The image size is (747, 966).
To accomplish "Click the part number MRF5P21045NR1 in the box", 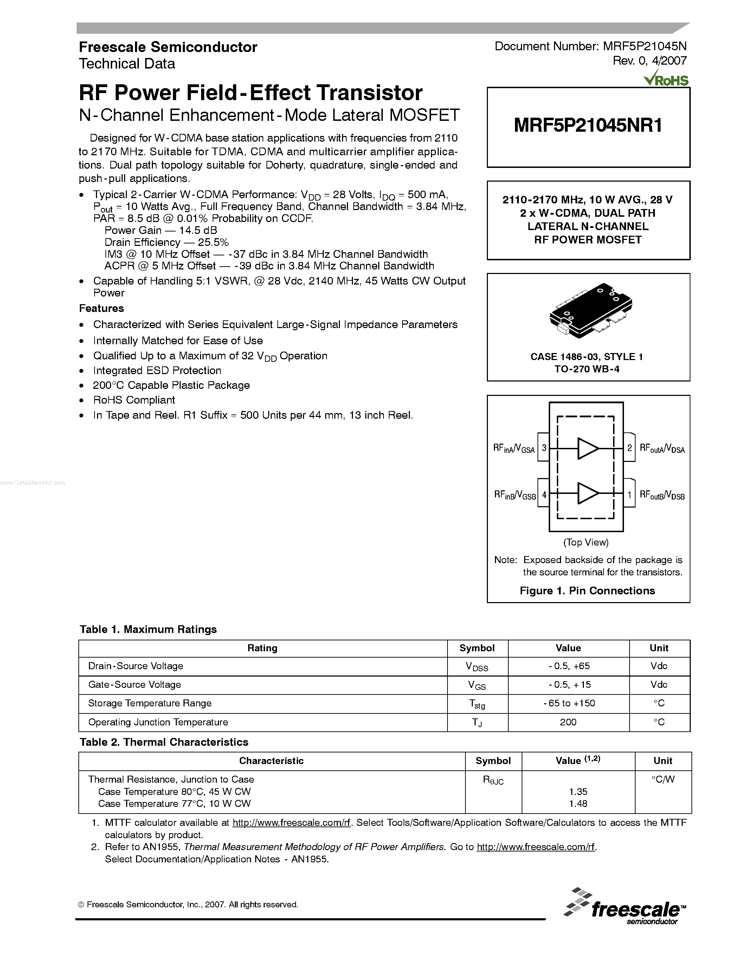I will point(588,126).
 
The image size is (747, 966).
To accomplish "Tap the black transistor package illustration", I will point(590,311).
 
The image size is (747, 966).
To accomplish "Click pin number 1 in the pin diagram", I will point(629,495).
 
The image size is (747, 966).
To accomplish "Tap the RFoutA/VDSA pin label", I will point(662,449).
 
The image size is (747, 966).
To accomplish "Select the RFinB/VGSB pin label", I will point(515,495).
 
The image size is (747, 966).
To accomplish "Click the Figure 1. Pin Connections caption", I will point(587,591).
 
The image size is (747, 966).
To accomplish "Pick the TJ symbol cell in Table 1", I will point(477,722).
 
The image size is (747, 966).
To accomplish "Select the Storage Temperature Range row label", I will point(150,703).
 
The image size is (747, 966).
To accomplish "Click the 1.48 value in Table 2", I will point(578,804).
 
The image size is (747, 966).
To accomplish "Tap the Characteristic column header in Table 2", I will point(271,761).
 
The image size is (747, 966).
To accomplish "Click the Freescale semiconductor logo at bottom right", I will point(625,907).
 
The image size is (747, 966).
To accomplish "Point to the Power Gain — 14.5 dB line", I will point(161,230).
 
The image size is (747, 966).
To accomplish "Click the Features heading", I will point(101,308).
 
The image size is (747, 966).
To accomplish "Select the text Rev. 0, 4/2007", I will point(649,61).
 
